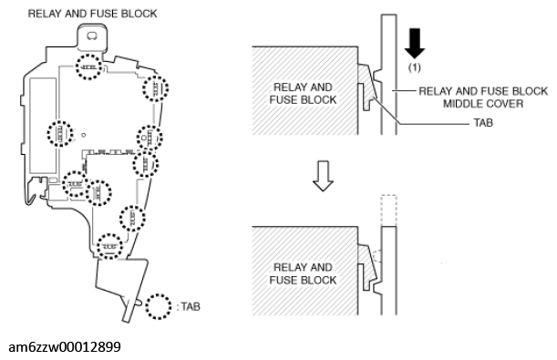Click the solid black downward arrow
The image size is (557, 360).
coord(415,43)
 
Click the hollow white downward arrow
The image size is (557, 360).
coord(323,176)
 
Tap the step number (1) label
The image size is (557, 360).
coord(414,67)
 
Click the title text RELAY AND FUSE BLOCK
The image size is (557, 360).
coord(92,14)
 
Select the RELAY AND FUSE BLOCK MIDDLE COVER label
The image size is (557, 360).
coord(483,98)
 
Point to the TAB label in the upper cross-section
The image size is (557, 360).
coord(483,123)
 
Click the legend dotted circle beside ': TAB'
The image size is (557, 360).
coord(159,306)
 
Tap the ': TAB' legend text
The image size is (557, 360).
coord(189,306)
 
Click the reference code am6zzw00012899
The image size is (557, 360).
coord(65,347)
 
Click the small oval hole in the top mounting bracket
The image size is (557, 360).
coord(92,36)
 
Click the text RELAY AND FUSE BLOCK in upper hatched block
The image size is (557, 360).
coord(303,93)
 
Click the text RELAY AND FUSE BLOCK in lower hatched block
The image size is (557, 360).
coord(303,273)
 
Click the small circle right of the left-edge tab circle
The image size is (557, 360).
coord(84,135)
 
